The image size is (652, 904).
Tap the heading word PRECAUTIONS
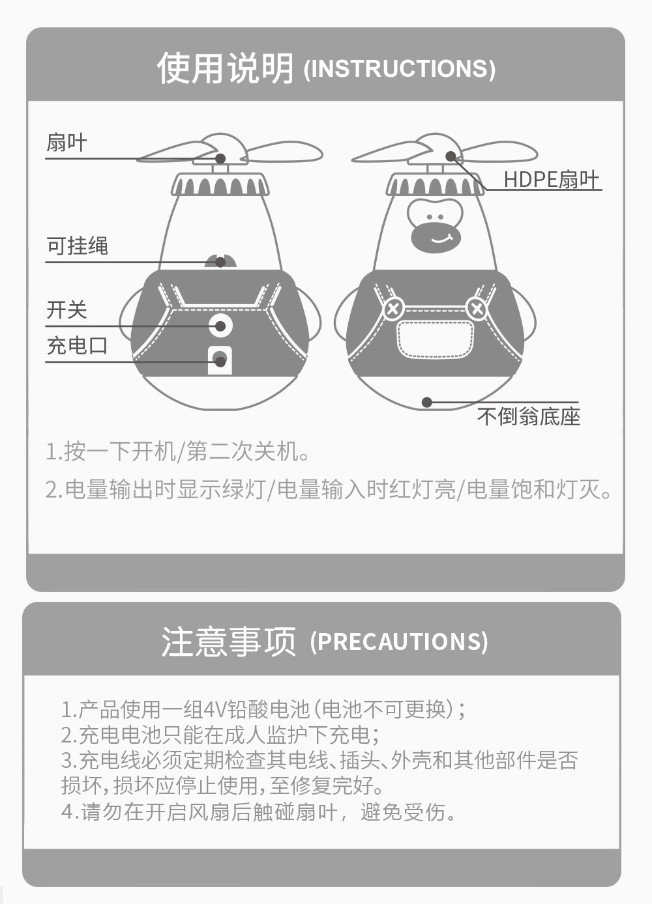[x=399, y=642]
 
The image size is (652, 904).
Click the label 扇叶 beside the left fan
[x=67, y=143]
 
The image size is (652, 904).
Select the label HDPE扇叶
[x=552, y=179]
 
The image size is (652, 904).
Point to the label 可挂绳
[x=77, y=246]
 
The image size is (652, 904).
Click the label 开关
[x=67, y=310]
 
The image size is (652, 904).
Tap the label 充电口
[x=77, y=346]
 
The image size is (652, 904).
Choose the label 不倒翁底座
[x=528, y=416]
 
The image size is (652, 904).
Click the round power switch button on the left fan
[x=220, y=325]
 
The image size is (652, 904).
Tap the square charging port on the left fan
[x=220, y=360]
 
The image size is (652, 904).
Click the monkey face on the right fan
[x=435, y=227]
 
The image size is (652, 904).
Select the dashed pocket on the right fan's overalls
[x=435, y=339]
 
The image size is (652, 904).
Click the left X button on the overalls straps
[x=393, y=309]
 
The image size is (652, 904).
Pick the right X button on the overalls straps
[x=477, y=309]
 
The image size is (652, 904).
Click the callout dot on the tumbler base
[x=426, y=403]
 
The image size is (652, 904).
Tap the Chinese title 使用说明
[x=225, y=68]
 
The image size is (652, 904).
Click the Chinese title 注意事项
[x=229, y=642]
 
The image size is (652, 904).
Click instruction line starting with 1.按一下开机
[x=178, y=451]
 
